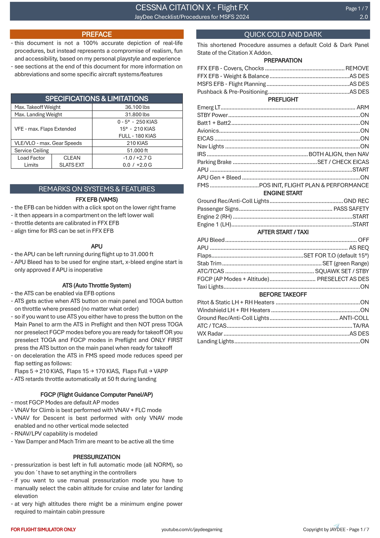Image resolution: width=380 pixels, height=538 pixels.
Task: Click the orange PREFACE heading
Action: click(97, 34)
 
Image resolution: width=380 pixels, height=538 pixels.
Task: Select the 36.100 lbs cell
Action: click(137, 107)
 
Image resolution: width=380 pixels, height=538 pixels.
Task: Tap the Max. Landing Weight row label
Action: click(38, 114)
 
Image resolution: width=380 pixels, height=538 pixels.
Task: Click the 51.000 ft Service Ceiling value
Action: click(137, 150)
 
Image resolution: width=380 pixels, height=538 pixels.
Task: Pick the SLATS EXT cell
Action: click(72, 165)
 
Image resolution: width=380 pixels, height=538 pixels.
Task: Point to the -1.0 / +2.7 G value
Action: click(137, 158)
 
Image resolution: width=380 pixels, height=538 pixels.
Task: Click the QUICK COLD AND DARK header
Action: click(283, 34)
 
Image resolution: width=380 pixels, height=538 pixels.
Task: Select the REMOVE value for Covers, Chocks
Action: click(357, 68)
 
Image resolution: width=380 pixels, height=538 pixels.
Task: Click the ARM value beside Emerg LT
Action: click(363, 107)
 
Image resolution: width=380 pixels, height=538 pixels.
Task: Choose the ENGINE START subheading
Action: click(283, 193)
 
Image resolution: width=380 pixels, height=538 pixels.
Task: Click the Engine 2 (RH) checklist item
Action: click(214, 217)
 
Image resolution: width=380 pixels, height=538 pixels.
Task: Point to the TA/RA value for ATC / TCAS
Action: click(361, 326)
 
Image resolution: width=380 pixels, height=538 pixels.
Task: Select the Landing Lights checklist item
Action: click(215, 341)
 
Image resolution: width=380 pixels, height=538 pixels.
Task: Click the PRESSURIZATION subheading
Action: click(97, 457)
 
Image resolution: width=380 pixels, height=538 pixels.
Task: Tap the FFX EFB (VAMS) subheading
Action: click(97, 200)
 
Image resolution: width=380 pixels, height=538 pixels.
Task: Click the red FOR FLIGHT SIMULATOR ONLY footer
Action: click(43, 529)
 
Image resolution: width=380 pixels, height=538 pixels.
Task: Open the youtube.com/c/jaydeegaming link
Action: click(192, 529)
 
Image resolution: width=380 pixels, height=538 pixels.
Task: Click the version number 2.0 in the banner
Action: click(364, 17)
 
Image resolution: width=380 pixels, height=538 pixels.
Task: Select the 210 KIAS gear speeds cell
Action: click(137, 143)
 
